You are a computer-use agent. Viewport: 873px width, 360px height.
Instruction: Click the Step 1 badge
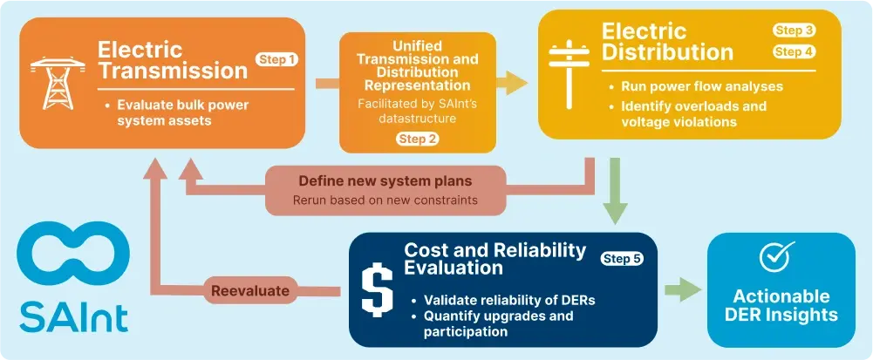276,59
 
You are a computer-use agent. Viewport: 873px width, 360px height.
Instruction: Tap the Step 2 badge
417,139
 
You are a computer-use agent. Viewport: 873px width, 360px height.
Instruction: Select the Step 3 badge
794,31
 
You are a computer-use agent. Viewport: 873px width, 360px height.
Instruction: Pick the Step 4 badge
794,52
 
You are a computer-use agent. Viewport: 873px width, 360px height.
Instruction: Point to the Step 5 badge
622,259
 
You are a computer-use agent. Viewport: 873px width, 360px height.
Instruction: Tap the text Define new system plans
385,181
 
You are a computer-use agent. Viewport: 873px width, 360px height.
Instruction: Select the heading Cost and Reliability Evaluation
494,259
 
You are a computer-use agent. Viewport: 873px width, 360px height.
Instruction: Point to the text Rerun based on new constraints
385,200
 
